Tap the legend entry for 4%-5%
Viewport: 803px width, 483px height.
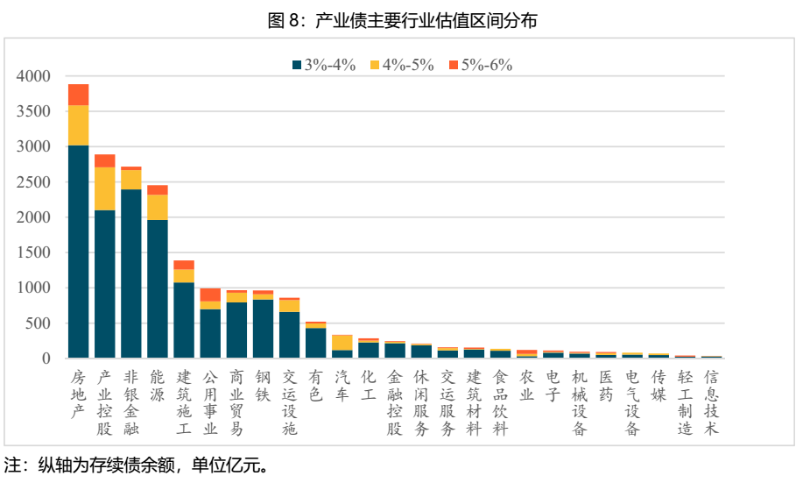(x=402, y=65)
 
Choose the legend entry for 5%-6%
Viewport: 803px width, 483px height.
(x=480, y=65)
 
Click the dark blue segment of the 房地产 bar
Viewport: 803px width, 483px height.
(x=79, y=254)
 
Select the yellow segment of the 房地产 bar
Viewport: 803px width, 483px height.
(x=79, y=125)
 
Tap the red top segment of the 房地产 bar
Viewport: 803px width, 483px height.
(x=79, y=95)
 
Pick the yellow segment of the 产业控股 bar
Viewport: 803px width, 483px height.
(x=105, y=188)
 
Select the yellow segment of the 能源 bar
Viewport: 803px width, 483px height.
(x=158, y=207)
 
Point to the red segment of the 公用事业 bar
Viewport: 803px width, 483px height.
(x=210, y=295)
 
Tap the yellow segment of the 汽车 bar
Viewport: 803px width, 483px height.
(x=342, y=343)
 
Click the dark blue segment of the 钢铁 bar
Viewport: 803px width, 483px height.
(x=263, y=329)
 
